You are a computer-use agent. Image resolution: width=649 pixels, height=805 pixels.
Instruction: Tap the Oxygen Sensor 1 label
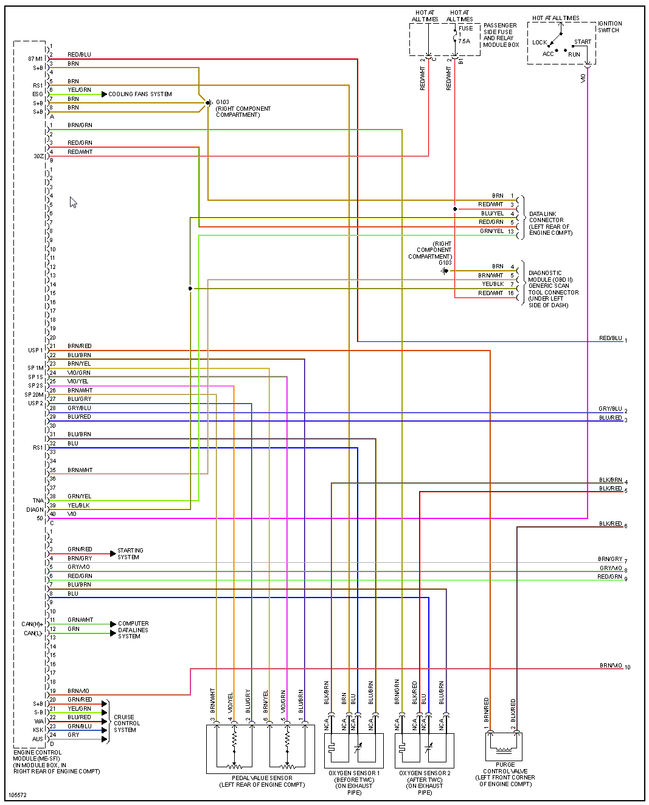[x=354, y=782]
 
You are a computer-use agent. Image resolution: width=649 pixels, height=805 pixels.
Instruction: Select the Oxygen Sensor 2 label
[x=425, y=782]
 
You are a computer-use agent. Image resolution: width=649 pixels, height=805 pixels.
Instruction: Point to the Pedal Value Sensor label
[x=262, y=781]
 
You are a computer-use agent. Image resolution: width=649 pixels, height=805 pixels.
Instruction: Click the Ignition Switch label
[x=609, y=27]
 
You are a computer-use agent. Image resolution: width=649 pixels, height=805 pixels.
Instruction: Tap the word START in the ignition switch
[x=582, y=42]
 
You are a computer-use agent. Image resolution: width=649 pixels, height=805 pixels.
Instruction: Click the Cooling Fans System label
[x=140, y=94]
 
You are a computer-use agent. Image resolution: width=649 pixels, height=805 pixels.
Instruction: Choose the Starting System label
[x=130, y=554]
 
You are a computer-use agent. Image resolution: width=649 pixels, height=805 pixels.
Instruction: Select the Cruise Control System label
[x=127, y=723]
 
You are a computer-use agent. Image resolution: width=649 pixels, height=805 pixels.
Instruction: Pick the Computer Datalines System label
[x=133, y=630]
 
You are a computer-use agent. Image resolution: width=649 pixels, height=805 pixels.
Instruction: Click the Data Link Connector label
[x=550, y=223]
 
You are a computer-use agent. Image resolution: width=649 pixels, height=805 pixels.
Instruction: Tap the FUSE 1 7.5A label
[x=465, y=35]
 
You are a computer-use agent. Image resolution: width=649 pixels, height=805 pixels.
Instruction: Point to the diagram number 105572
[x=18, y=795]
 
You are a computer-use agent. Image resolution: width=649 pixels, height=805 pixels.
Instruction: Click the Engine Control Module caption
[x=56, y=762]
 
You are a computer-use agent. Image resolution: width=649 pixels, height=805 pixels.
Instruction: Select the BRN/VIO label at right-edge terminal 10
[x=611, y=666]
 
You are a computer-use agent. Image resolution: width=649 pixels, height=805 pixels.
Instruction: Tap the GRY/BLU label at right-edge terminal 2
[x=610, y=409]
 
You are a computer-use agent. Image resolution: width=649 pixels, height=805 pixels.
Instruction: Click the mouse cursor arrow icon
[x=73, y=202]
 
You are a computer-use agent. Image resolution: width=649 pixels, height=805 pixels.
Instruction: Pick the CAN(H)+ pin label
[x=32, y=624]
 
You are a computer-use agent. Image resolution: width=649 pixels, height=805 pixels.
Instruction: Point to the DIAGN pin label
[x=35, y=510]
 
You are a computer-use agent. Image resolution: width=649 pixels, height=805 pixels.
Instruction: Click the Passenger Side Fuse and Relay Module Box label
[x=500, y=35]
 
